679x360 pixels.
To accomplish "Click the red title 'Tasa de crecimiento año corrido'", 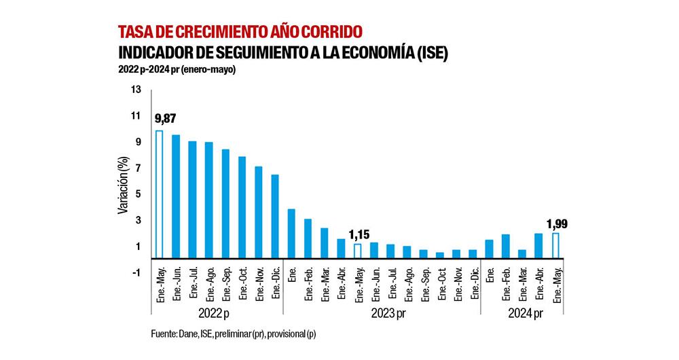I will [240, 32].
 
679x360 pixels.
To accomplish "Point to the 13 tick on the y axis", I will [136, 90].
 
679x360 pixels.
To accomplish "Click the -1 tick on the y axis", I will [136, 272].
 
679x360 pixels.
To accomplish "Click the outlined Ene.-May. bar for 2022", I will [160, 194].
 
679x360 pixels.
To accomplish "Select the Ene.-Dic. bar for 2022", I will [275, 216].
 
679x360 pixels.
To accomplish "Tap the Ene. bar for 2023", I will [291, 233].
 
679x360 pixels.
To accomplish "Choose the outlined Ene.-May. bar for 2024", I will [555, 245].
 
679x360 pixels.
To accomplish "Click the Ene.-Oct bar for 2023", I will [440, 255].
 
